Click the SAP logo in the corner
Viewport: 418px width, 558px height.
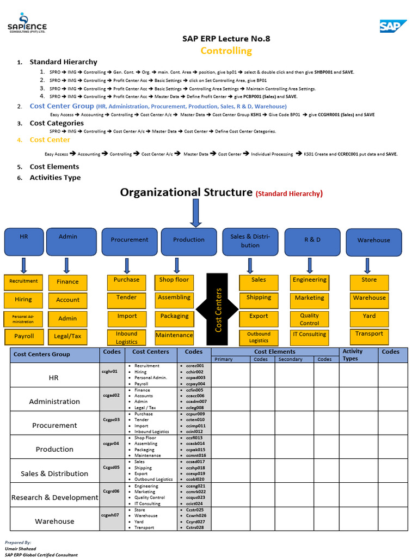393,26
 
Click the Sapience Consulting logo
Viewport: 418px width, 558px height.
27,23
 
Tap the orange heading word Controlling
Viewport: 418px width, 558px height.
226,51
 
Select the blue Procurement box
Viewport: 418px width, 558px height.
129,240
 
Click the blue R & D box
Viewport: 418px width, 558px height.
312,240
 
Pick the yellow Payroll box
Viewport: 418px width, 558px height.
23,336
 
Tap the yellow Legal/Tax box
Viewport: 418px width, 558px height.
67,336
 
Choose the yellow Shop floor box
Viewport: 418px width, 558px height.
174,280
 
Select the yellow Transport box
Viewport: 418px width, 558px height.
369,334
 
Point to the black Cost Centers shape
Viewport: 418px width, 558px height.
218,310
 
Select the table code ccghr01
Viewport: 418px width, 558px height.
109,372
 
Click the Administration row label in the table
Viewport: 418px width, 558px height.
54,402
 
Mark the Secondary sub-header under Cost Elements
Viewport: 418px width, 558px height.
290,360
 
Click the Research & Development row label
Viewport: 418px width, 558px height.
54,498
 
